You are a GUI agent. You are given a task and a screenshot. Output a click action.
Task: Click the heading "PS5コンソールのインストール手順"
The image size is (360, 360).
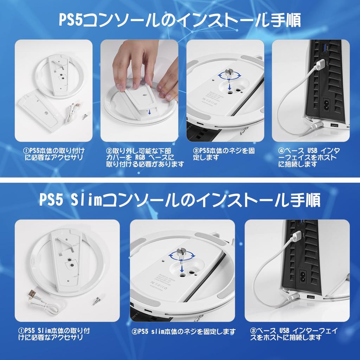[x=180, y=21]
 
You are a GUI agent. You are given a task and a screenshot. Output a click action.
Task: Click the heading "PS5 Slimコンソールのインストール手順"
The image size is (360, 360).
[x=180, y=200]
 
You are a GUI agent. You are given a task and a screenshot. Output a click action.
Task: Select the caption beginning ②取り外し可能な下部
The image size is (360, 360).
[x=145, y=157]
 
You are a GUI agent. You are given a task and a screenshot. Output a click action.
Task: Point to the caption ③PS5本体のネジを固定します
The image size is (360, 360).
[x=224, y=154]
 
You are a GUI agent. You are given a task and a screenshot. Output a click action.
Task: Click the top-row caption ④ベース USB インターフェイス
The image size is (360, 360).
[x=309, y=157]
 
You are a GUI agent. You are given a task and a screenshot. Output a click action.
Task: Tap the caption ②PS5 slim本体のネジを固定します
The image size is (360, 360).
[x=184, y=331]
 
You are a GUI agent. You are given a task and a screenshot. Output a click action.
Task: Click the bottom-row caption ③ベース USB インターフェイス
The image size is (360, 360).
[x=294, y=334]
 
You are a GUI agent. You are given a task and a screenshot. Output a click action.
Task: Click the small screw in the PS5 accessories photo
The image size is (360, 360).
[x=85, y=116]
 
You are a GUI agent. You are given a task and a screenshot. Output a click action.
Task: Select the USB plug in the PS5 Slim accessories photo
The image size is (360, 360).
[x=32, y=294]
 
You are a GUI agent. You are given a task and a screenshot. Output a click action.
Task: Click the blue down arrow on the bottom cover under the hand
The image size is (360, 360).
[x=150, y=112]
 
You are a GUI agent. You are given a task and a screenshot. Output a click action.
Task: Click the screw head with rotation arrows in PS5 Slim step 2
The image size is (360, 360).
[x=182, y=253]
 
